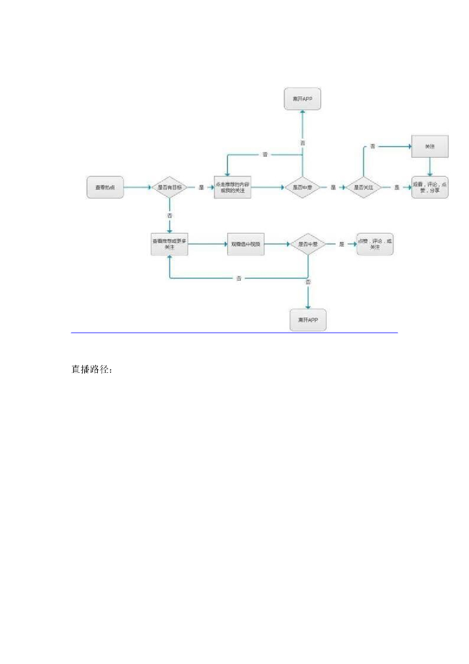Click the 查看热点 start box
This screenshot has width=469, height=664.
coord(105,187)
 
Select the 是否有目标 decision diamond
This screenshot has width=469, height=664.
coord(170,187)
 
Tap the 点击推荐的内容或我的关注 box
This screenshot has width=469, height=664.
coord(232,187)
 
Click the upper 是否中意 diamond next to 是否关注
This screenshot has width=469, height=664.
coord(303,187)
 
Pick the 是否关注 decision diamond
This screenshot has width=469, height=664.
coord(363,187)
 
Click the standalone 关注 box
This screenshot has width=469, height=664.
coord(429,147)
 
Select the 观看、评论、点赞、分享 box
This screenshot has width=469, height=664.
coord(429,187)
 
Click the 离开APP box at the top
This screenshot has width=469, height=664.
coord(303,100)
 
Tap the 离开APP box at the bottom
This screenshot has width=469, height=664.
coord(308,320)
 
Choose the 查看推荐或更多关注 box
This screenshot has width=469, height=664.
coord(169,244)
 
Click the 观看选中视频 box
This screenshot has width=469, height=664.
coord(245,244)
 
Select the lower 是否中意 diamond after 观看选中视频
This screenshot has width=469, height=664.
coord(308,244)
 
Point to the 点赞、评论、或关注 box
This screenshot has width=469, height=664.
coord(374,244)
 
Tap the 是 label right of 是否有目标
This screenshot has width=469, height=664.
coord(201,187)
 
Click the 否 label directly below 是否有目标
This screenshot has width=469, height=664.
coord(170,215)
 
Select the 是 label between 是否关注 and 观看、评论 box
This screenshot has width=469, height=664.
coord(396,187)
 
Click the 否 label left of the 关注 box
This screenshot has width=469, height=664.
coord(373,147)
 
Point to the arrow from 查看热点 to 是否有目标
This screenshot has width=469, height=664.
coord(136,187)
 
